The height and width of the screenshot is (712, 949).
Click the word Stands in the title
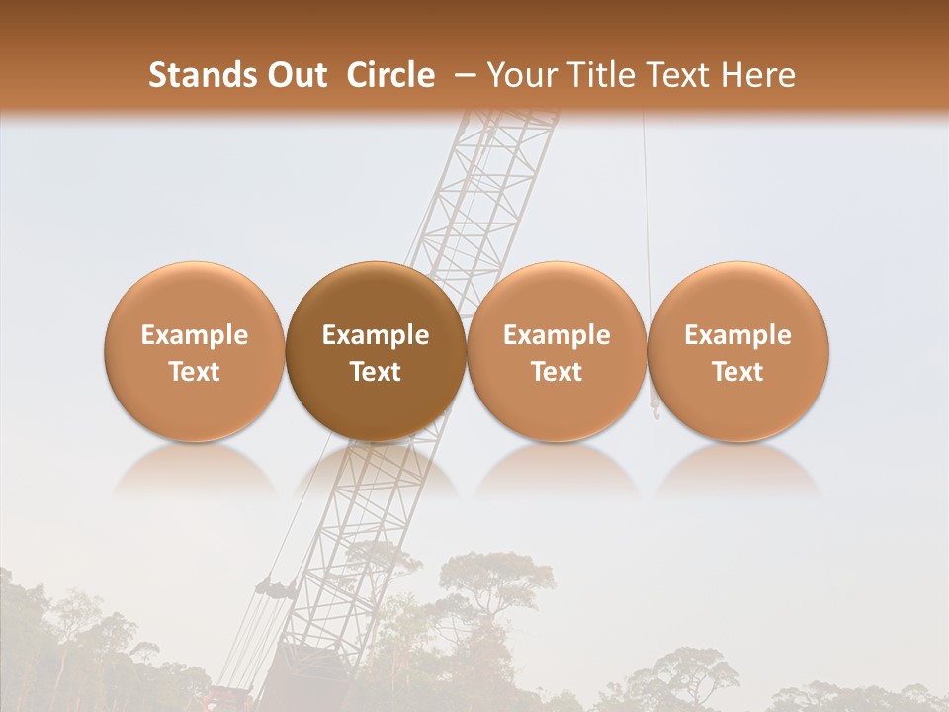pyautogui.click(x=196, y=75)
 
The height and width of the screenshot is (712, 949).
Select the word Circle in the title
pyautogui.click(x=390, y=75)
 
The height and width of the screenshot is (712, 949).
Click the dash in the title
pyautogui.click(x=462, y=75)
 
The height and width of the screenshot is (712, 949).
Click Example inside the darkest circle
pyautogui.click(x=376, y=335)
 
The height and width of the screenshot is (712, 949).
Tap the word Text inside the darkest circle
pyautogui.click(x=376, y=372)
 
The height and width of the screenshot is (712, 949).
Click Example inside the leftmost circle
pyautogui.click(x=194, y=335)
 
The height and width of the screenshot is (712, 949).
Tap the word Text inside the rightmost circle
pyautogui.click(x=738, y=372)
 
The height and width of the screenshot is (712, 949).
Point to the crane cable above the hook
pyautogui.click(x=647, y=198)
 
